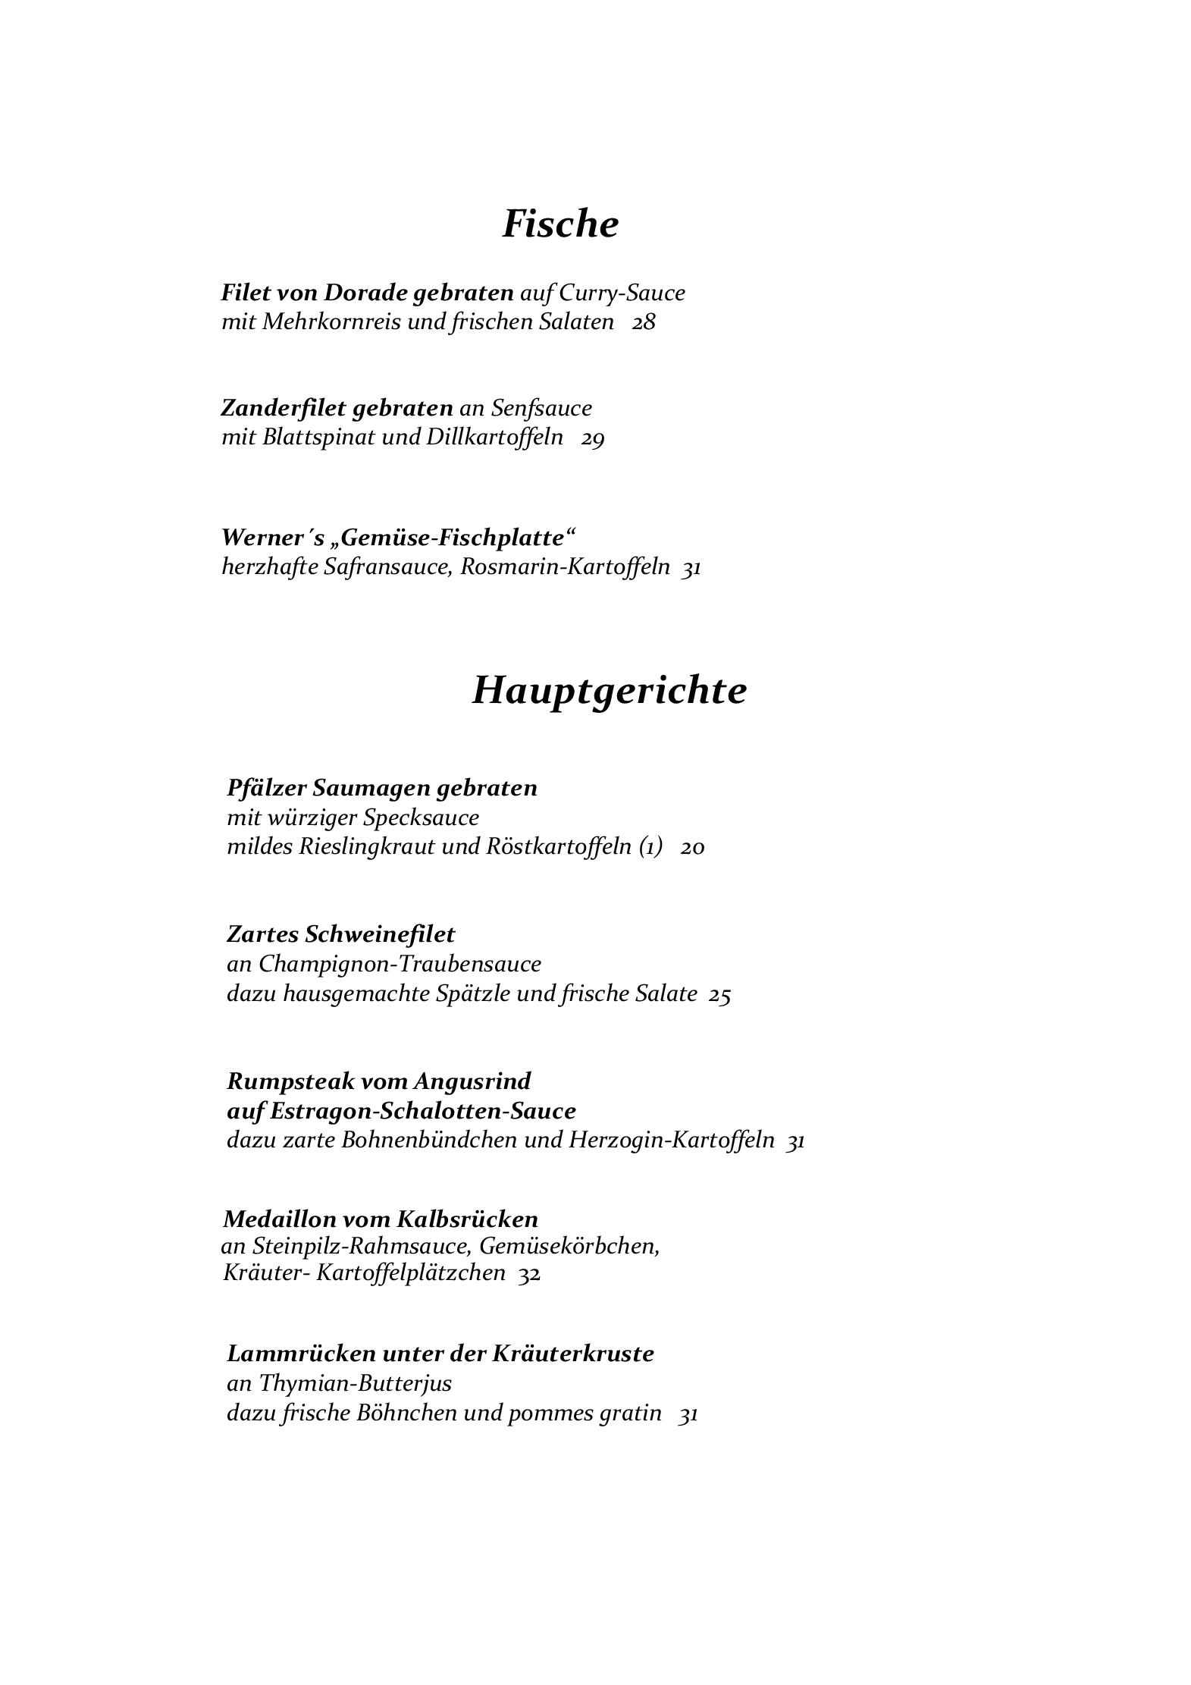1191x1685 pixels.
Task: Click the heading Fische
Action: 560,224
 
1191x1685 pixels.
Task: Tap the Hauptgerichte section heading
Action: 609,690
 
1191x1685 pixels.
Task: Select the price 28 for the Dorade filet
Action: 644,322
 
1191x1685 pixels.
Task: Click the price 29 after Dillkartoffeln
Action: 592,438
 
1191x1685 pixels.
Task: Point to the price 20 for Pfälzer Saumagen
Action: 692,847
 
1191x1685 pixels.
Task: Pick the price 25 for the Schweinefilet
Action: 719,994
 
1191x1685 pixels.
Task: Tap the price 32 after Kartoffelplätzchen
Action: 528,1273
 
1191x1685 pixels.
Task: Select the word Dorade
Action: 365,292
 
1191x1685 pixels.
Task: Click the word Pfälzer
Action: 266,789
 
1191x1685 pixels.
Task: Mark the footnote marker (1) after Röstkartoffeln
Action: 650,847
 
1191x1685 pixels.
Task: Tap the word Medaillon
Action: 279,1219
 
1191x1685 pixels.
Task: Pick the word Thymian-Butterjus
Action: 355,1384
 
